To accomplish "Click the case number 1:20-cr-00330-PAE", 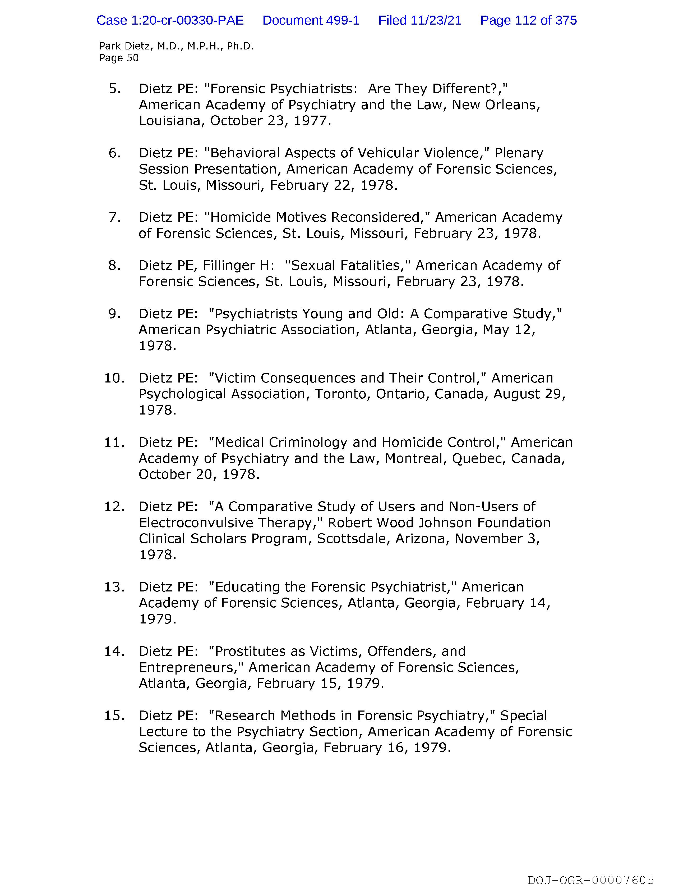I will point(170,20).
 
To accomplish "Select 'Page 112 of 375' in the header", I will point(528,20).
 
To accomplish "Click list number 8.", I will point(115,265).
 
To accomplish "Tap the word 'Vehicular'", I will point(389,153).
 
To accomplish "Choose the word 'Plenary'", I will point(519,153).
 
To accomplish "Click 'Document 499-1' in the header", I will point(311,20).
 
